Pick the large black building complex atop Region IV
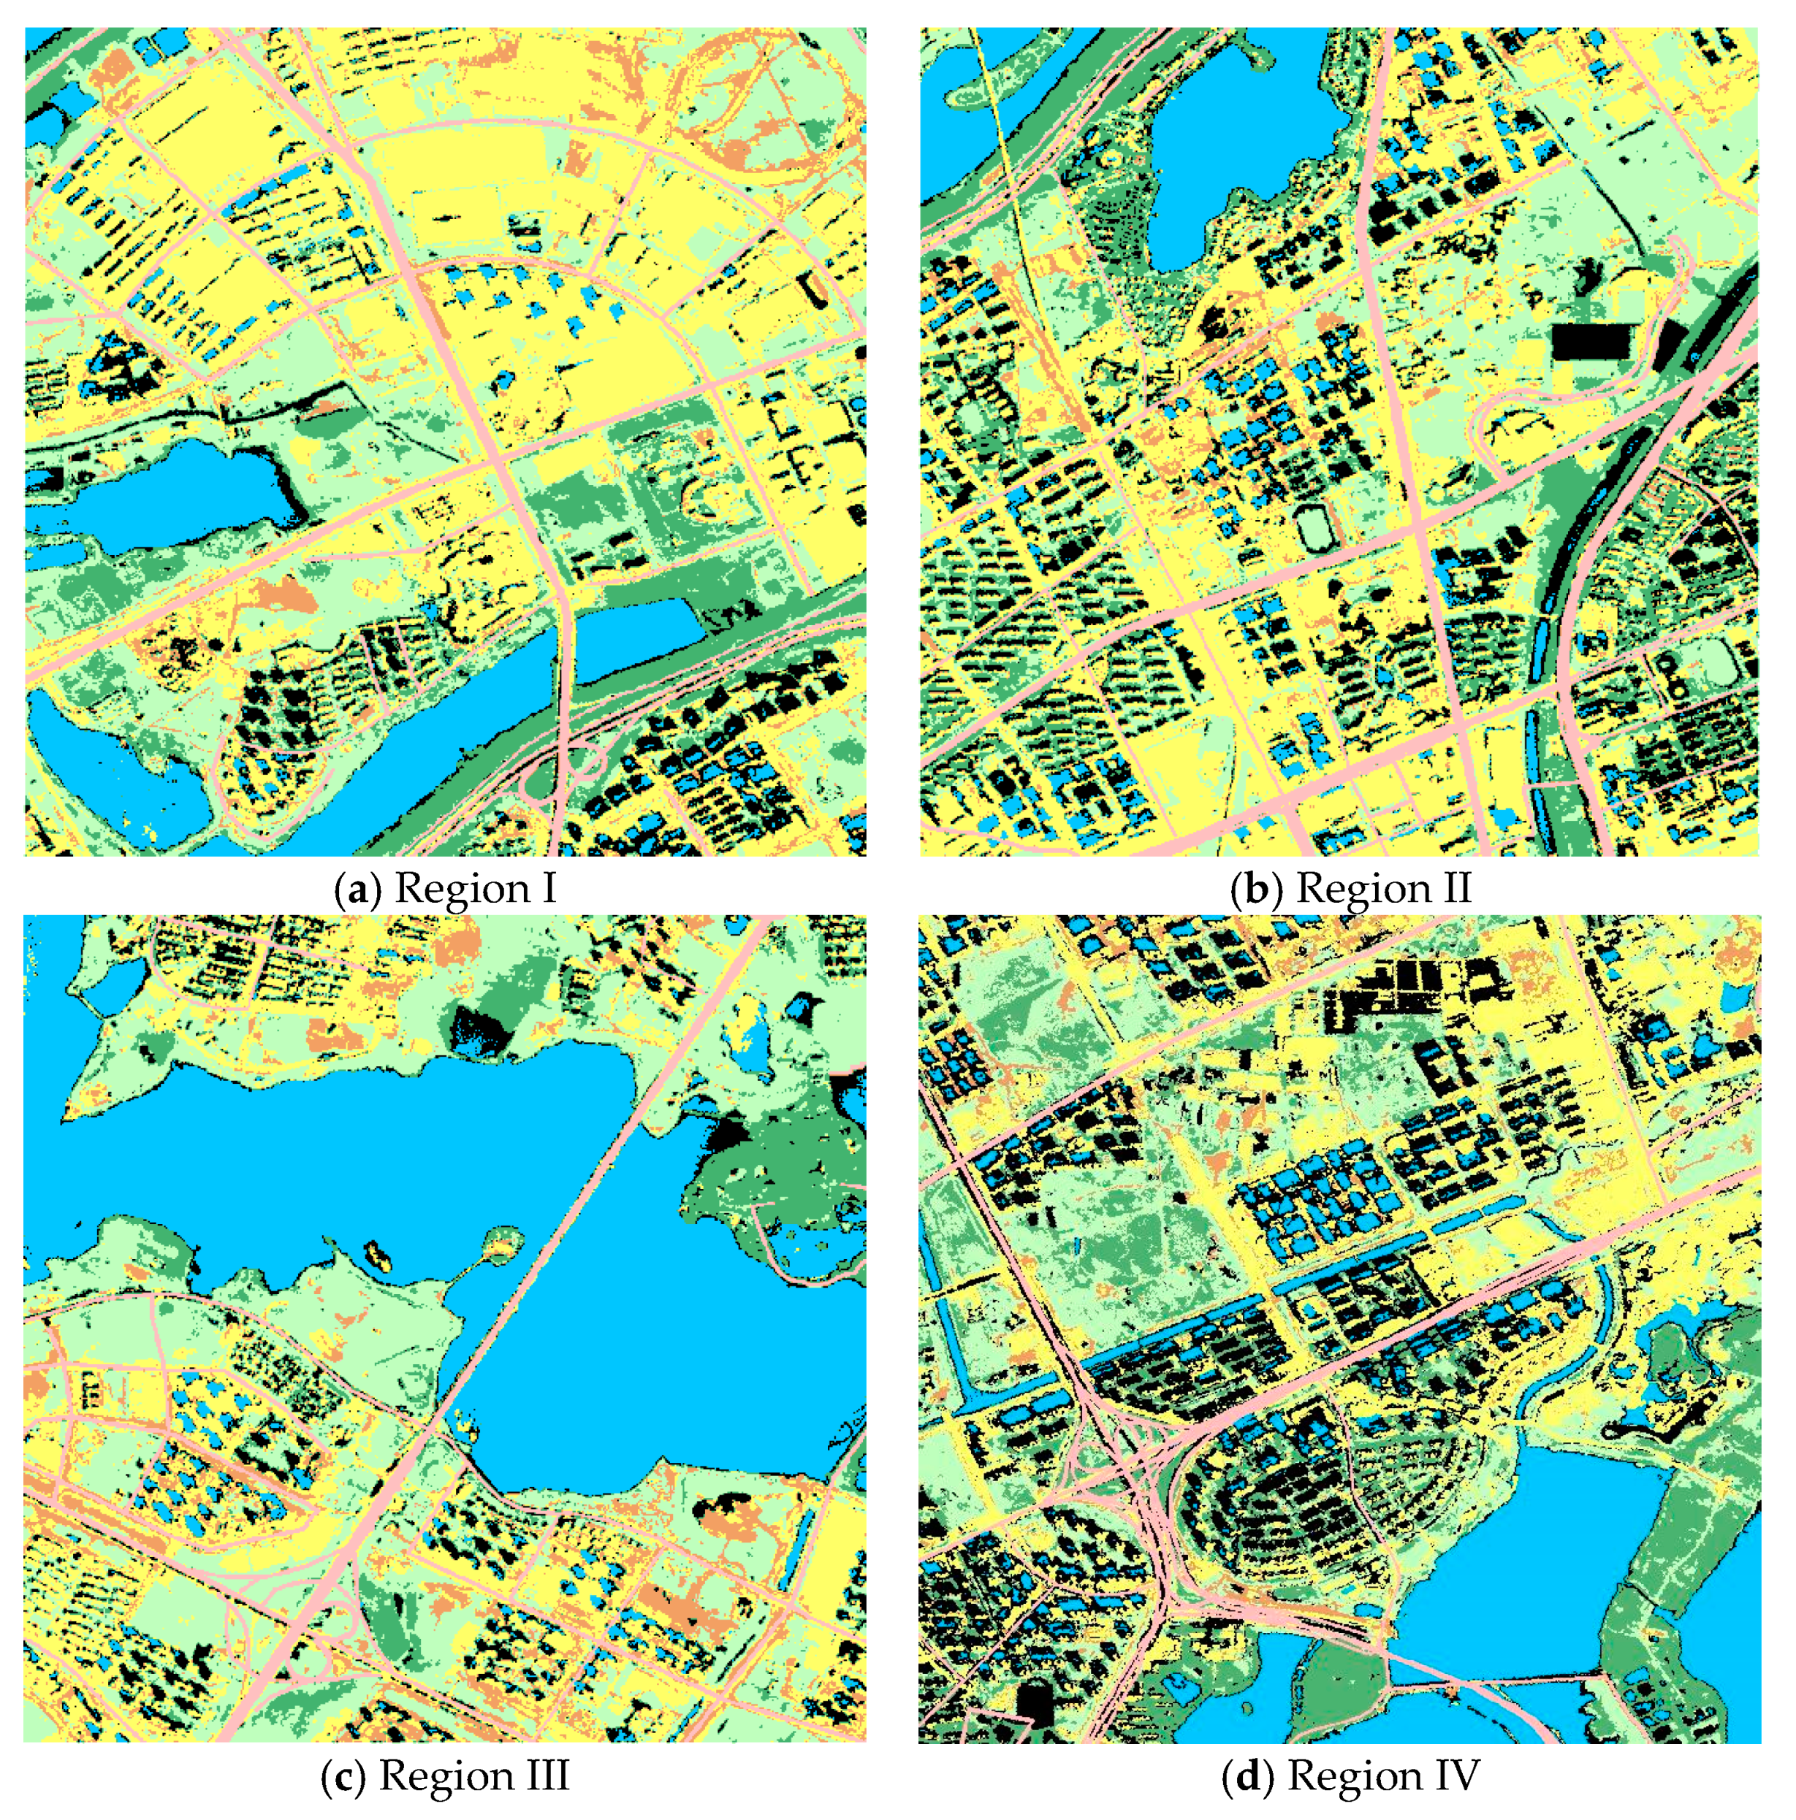tap(1395, 989)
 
